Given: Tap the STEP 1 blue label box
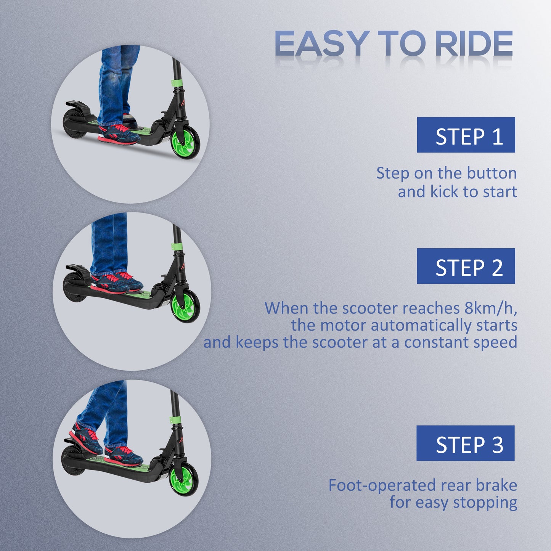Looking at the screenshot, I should pos(466,135).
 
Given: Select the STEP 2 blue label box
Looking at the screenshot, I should pos(466,266).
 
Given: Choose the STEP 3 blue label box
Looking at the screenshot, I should pos(465,443).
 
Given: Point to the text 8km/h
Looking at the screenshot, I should pos(490,308).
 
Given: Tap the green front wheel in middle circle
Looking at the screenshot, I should pos(185,307).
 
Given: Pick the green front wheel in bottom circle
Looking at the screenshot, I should pos(183,480).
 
